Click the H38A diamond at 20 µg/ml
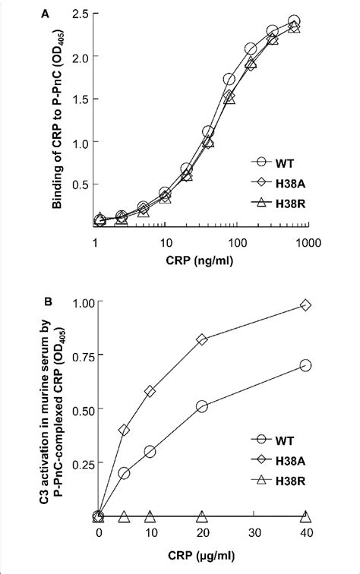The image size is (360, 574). [x=202, y=339]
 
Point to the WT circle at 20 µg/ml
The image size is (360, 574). [x=202, y=407]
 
